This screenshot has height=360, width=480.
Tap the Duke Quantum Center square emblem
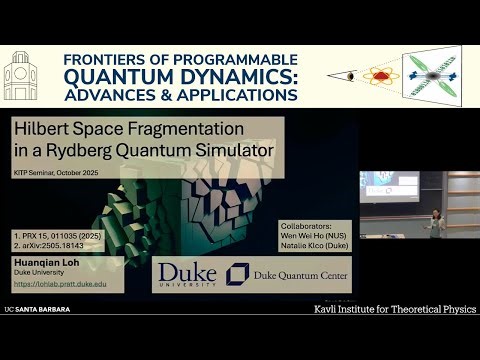(x=238, y=275)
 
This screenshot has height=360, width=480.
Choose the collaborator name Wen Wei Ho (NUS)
(x=305, y=236)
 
